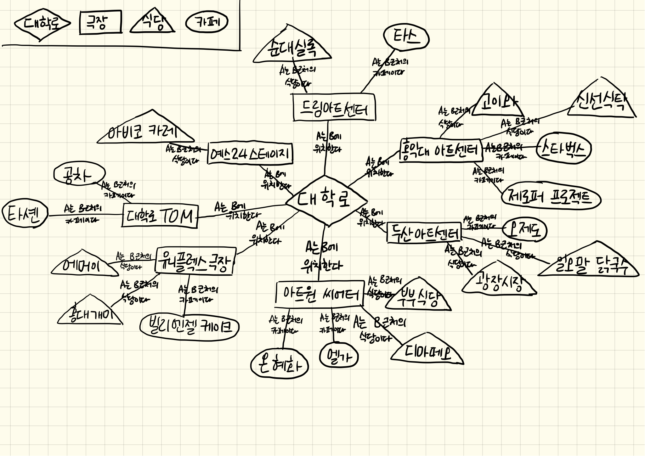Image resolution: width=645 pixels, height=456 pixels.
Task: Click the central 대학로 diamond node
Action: pyautogui.click(x=326, y=200)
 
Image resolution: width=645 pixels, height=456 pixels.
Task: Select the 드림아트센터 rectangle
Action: pyautogui.click(x=334, y=107)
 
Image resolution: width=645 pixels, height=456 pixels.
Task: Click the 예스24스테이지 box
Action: pyautogui.click(x=250, y=154)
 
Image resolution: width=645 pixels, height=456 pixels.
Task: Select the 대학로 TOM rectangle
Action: pyautogui.click(x=160, y=216)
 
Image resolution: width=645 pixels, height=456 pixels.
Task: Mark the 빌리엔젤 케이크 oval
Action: pyautogui.click(x=189, y=327)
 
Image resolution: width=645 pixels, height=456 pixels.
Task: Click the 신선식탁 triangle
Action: pyautogui.click(x=601, y=102)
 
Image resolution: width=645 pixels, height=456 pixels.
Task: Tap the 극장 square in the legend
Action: pyautogui.click(x=100, y=22)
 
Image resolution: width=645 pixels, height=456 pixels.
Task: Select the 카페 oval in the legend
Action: pyautogui.click(x=207, y=22)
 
